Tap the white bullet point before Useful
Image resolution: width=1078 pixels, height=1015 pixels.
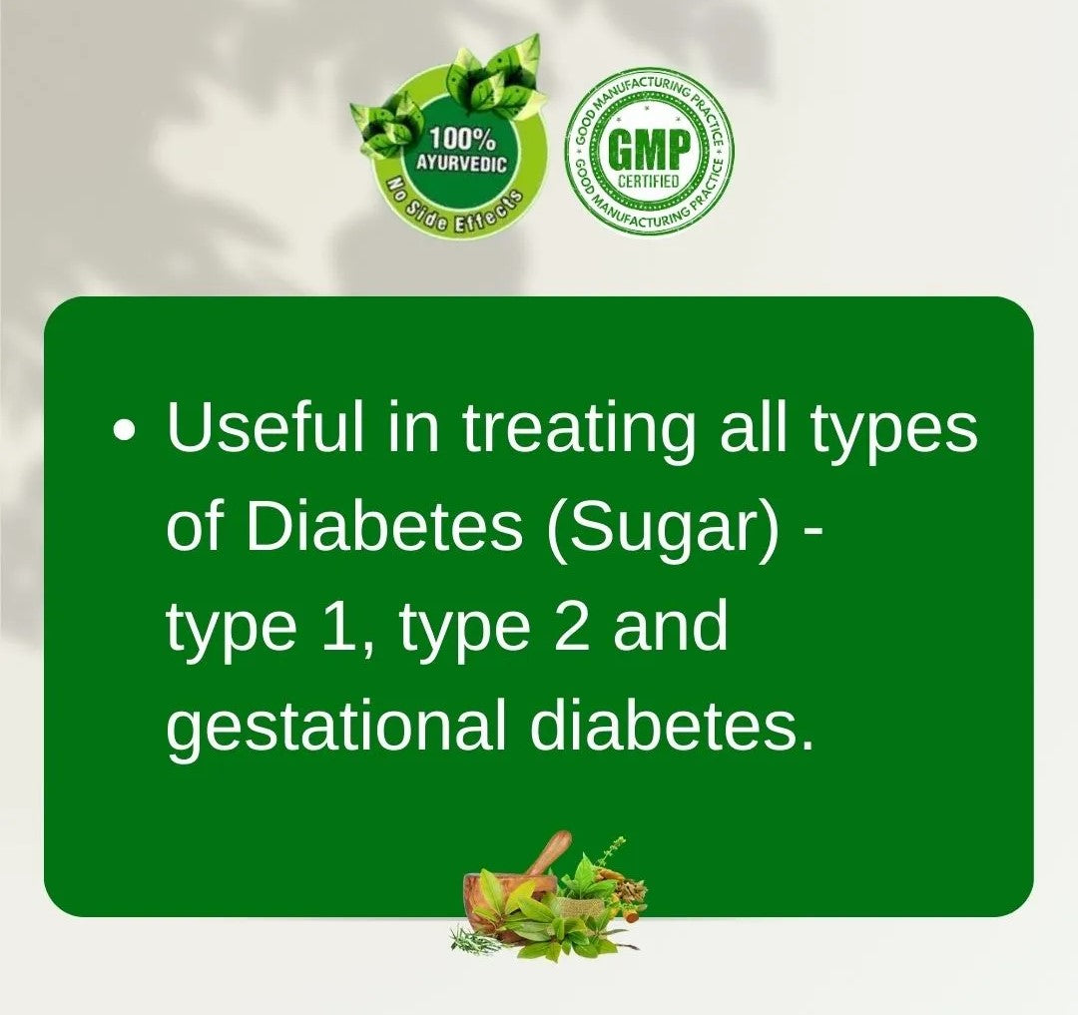(x=125, y=430)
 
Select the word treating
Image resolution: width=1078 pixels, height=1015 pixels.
(x=578, y=434)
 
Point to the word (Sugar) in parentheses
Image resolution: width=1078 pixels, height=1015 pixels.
(x=664, y=533)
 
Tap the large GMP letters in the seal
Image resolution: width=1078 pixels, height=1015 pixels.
(x=650, y=150)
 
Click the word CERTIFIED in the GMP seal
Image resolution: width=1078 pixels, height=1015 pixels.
(x=649, y=182)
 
